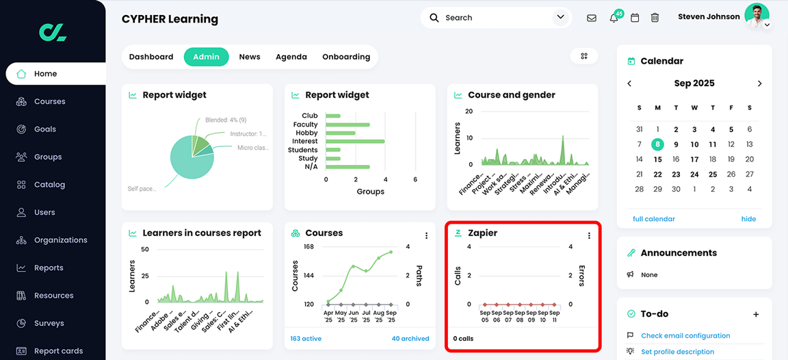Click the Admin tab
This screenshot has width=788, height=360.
206,57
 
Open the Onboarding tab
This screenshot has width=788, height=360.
346,57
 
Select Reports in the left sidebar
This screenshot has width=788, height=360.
49,268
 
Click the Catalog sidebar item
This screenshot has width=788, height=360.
49,185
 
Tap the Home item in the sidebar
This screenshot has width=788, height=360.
45,74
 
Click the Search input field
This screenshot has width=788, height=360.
496,18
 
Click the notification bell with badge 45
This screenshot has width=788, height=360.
614,18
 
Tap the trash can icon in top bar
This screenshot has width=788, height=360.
655,18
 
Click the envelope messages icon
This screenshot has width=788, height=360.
592,18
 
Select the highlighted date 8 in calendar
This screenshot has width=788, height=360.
657,144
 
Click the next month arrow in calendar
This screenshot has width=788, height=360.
759,83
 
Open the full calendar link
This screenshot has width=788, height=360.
653,219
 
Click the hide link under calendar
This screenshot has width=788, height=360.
748,219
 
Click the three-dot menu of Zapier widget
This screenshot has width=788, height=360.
589,235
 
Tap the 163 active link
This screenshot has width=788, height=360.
306,339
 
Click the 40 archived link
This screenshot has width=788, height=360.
410,339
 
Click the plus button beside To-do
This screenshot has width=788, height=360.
756,314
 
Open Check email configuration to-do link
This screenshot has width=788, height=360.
685,336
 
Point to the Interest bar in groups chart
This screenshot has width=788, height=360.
355,142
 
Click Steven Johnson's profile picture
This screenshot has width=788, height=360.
757,16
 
